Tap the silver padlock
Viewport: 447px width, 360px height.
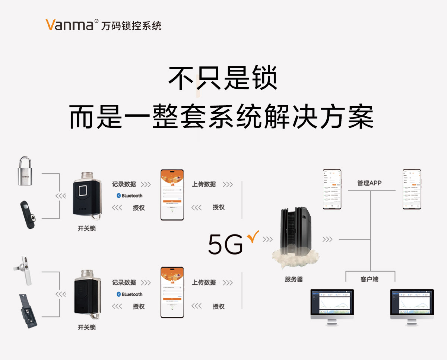[x=25, y=172]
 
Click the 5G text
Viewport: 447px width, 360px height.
[x=225, y=244]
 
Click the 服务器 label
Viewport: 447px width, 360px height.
[x=294, y=279]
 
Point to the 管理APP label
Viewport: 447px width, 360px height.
[x=369, y=183]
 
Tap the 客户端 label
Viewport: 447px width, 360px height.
[x=370, y=279]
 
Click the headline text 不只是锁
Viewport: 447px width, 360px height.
[x=223, y=78]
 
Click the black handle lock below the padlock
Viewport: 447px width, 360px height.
[x=28, y=215]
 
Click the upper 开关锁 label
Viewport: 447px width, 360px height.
[x=87, y=228]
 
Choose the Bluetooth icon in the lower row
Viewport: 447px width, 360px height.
[x=119, y=294]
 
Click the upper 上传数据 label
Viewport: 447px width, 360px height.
[x=204, y=184]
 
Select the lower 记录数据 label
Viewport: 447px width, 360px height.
[x=124, y=282]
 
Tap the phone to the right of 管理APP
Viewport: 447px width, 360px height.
[x=412, y=189]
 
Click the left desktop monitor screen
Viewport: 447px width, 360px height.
[x=332, y=303]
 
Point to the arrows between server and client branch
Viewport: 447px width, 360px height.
[x=327, y=239]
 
